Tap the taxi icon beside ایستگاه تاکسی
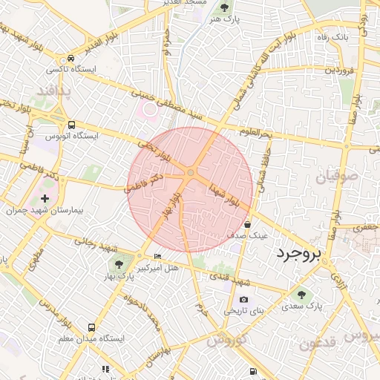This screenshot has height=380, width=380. pos(71,58)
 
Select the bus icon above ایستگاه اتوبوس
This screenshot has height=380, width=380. pos(71,125)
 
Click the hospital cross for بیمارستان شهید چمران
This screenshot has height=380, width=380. pos(46,198)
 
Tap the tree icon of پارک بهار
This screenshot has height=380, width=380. pos(118,263)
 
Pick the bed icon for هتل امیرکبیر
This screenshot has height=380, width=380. pos(157,256)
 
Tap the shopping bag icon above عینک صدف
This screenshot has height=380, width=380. pos(247,224)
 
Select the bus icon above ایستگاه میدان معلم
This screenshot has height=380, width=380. pos(91,327)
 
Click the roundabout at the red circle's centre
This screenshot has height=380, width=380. pos(191,173)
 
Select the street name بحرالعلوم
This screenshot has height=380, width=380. pos(256,132)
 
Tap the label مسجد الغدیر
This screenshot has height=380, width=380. pos(186,3)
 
